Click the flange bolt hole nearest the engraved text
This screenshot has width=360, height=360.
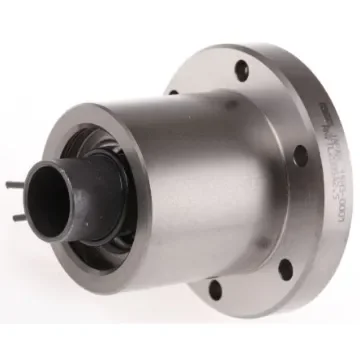300,155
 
